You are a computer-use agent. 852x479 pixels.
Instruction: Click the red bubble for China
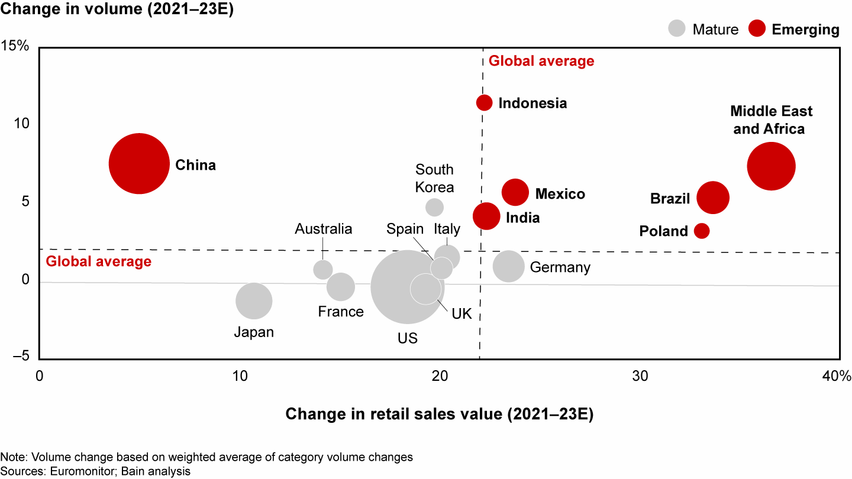139,164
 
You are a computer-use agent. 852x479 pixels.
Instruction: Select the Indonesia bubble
484,102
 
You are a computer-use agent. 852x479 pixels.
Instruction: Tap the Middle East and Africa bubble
771,166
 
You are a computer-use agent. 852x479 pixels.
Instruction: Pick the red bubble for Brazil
713,198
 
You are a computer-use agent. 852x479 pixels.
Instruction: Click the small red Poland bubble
702,231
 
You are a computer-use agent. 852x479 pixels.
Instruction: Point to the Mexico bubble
515,192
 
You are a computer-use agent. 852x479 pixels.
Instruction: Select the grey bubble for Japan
254,300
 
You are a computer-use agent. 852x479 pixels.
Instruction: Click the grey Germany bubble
508,267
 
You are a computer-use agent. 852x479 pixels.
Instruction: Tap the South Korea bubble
434,207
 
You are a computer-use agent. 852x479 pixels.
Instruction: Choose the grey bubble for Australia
322,270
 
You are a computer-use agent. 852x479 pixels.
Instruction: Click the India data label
522,218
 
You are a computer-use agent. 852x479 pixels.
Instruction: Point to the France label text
341,312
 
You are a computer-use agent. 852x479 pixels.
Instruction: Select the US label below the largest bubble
408,338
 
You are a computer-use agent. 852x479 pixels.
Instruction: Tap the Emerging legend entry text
805,29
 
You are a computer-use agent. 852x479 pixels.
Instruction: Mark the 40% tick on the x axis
838,376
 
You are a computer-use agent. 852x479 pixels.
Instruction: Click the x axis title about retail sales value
439,415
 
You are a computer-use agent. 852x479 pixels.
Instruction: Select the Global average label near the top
541,61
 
